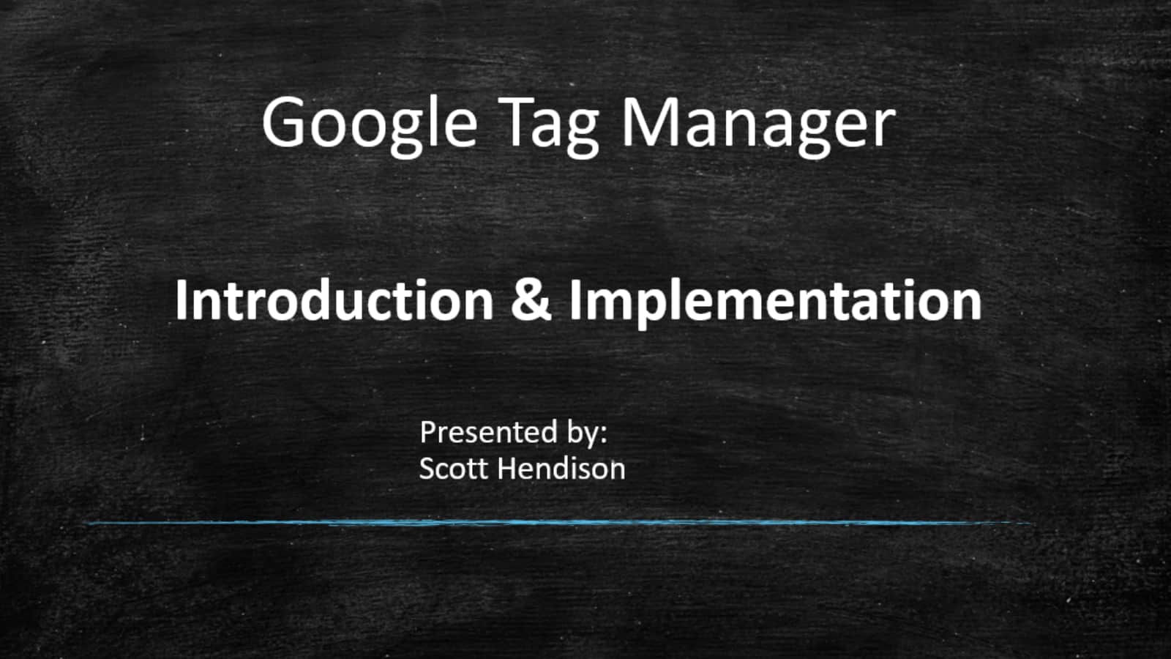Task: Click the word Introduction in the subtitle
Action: point(334,300)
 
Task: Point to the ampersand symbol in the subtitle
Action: point(531,301)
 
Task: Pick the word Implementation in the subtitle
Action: point(776,303)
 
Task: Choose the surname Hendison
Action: point(561,468)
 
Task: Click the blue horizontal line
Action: point(559,523)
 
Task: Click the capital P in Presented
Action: point(429,433)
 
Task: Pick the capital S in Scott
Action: point(427,468)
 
